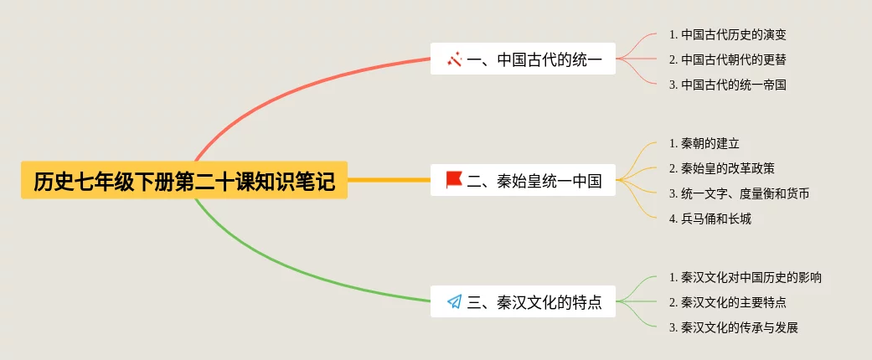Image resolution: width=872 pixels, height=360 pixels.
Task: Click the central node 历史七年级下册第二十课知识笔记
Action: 184,180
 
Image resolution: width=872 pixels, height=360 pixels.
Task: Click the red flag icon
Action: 454,179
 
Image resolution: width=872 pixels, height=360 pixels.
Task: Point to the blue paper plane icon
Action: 454,301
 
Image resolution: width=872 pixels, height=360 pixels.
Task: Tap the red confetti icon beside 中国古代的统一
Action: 454,59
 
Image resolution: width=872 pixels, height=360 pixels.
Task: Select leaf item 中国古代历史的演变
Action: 727,35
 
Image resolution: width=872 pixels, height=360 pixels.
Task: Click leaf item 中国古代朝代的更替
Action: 727,59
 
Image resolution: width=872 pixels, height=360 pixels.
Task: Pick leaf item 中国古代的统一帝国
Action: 727,85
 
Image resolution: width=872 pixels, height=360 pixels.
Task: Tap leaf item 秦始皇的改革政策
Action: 721,168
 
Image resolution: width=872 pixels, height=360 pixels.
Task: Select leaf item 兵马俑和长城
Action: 709,219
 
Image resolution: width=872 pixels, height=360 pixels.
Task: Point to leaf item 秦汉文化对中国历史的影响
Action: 745,277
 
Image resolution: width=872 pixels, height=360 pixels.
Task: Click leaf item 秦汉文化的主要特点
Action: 727,302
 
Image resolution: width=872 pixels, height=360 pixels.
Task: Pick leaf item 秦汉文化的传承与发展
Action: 733,327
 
